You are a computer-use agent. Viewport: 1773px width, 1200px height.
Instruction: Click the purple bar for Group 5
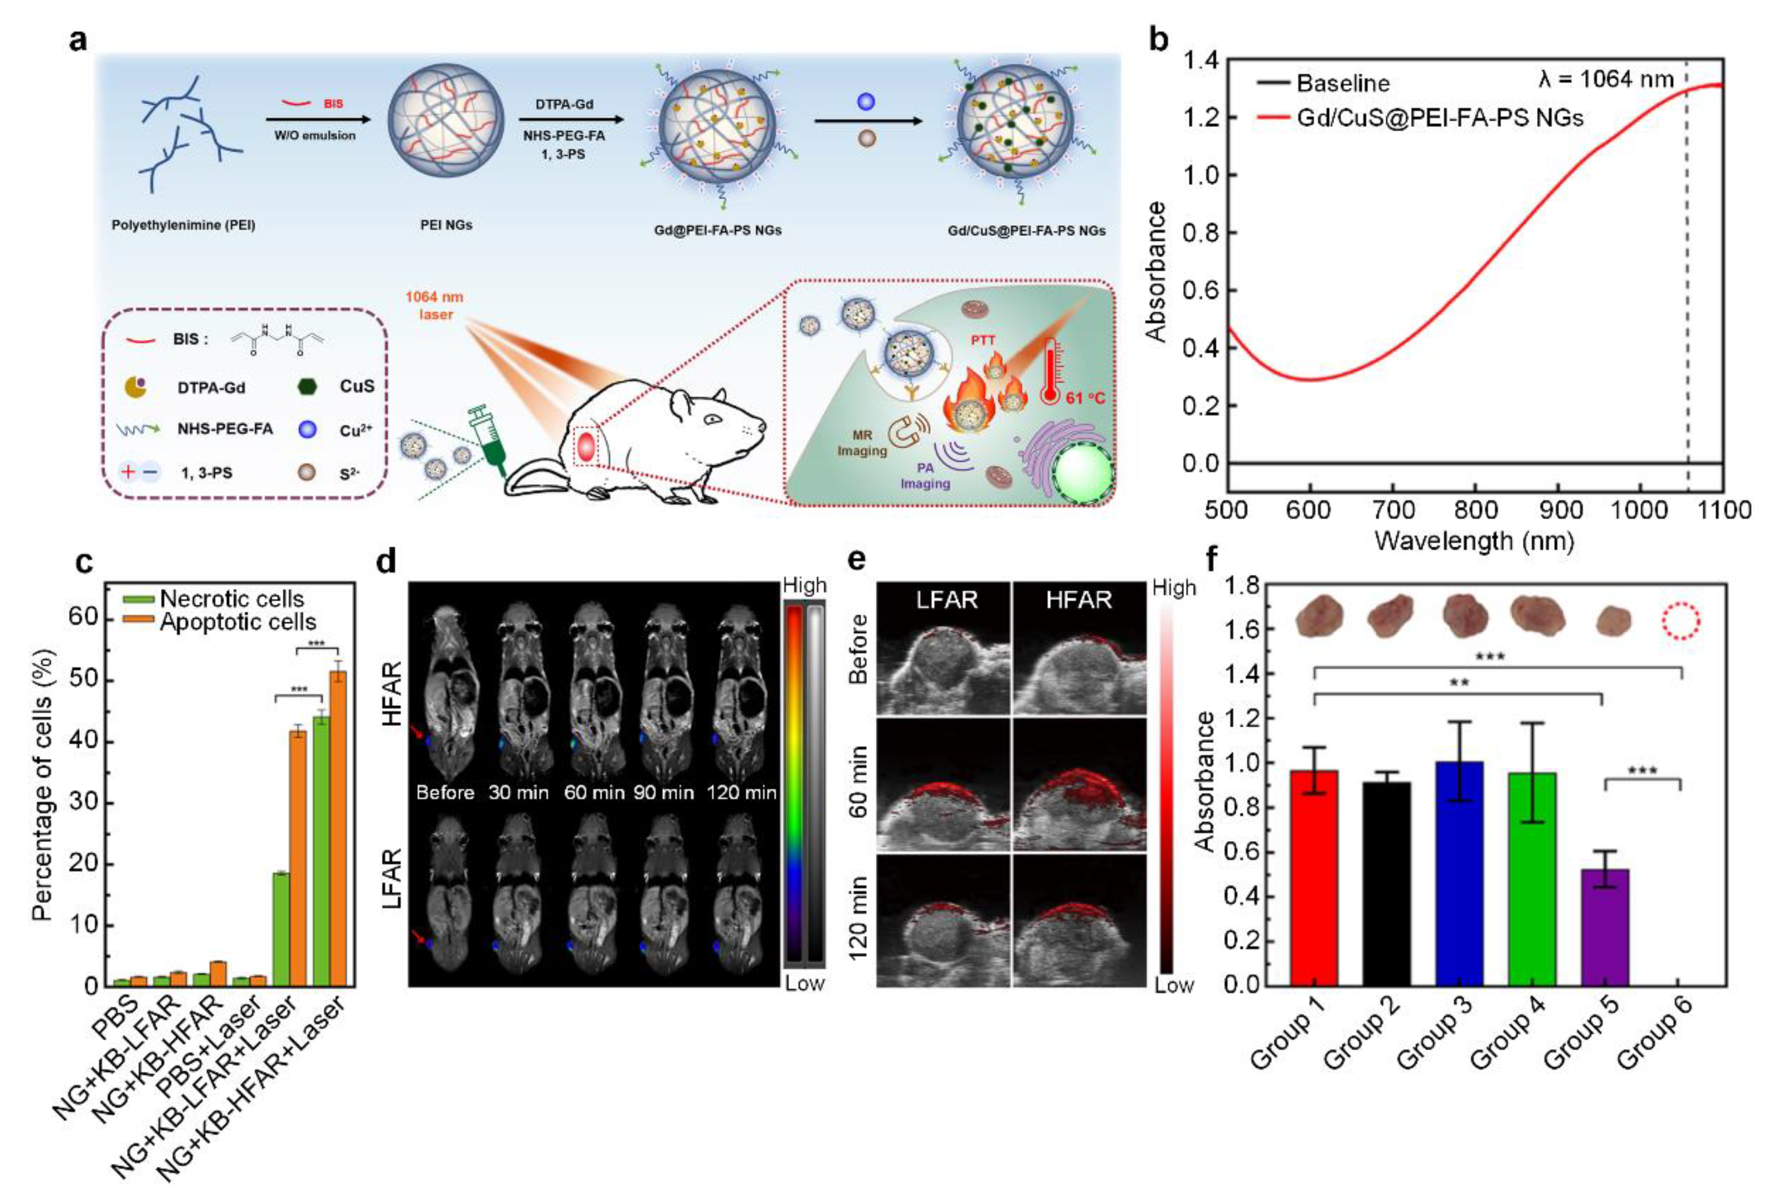[x=1606, y=927]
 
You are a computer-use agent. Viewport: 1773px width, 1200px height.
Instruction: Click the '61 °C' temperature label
[x=1085, y=397]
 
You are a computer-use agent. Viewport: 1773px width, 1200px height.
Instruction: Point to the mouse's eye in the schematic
[x=712, y=419]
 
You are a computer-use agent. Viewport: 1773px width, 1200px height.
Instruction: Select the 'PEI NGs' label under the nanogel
[x=446, y=225]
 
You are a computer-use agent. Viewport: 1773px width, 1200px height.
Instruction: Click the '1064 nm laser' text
[x=434, y=305]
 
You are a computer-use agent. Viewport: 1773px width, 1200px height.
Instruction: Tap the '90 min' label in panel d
[x=664, y=793]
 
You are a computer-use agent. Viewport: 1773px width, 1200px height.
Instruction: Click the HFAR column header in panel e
[x=1078, y=600]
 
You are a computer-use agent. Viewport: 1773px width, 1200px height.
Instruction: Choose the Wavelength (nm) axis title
[x=1474, y=541]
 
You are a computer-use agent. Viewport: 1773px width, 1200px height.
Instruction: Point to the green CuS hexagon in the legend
[x=307, y=387]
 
